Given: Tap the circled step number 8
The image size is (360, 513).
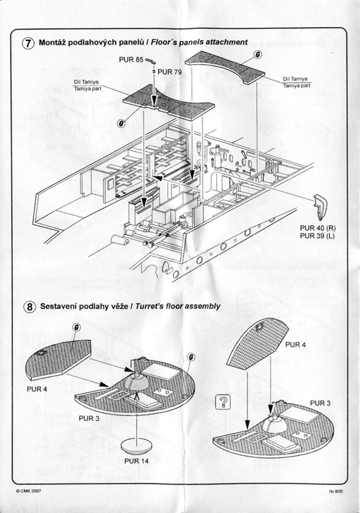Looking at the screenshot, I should click(29, 307).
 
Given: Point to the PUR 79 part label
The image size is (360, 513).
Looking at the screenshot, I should click(170, 72).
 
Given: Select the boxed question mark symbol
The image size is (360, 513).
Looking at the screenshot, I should click(224, 402).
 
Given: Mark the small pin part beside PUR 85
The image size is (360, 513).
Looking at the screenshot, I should click(151, 60).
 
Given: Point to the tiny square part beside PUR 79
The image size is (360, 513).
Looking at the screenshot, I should click(154, 72).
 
